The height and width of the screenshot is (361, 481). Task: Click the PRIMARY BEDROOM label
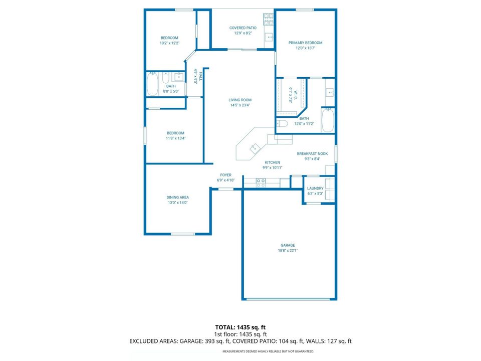click(x=305, y=43)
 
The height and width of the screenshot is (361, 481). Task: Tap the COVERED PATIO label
click(x=243, y=28)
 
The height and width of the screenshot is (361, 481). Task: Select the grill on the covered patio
click(x=269, y=19)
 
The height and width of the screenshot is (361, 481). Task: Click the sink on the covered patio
click(x=269, y=37)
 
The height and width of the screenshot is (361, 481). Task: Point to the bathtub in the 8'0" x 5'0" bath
click(x=153, y=84)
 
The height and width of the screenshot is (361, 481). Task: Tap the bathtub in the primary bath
click(x=328, y=120)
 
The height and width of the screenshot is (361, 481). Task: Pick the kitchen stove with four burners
click(x=261, y=183)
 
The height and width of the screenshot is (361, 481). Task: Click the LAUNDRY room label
click(x=315, y=189)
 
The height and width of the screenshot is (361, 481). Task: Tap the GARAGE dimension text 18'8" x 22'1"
click(x=288, y=250)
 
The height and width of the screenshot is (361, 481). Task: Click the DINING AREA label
click(x=177, y=198)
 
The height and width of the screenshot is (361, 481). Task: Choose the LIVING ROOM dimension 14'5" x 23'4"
click(x=240, y=105)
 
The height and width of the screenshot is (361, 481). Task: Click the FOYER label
click(x=225, y=175)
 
